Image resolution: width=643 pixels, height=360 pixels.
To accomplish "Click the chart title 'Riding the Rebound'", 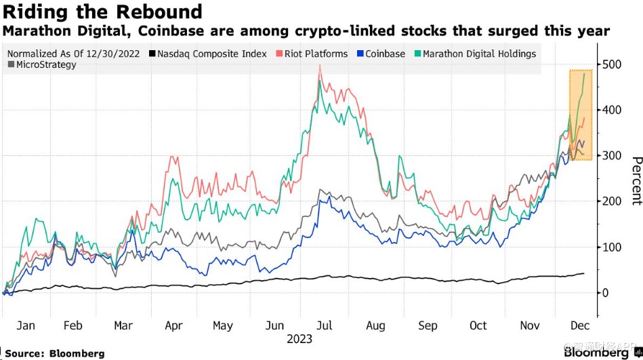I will click(102, 12).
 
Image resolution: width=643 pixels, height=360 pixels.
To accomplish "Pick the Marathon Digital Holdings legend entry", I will click(474, 54).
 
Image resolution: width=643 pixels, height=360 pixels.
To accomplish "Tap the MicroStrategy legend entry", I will click(41, 65).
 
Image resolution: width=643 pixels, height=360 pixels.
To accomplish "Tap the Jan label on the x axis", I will click(25, 325).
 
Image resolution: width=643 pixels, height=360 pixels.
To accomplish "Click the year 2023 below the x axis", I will click(299, 338).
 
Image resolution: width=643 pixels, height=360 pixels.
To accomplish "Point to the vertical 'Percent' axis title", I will click(636, 180).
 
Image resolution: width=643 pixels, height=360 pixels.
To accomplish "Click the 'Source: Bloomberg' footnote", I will click(55, 353).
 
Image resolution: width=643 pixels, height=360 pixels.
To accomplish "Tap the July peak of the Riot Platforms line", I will click(319, 75).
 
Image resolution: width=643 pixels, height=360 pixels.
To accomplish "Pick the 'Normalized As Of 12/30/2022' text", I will click(75, 54).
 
